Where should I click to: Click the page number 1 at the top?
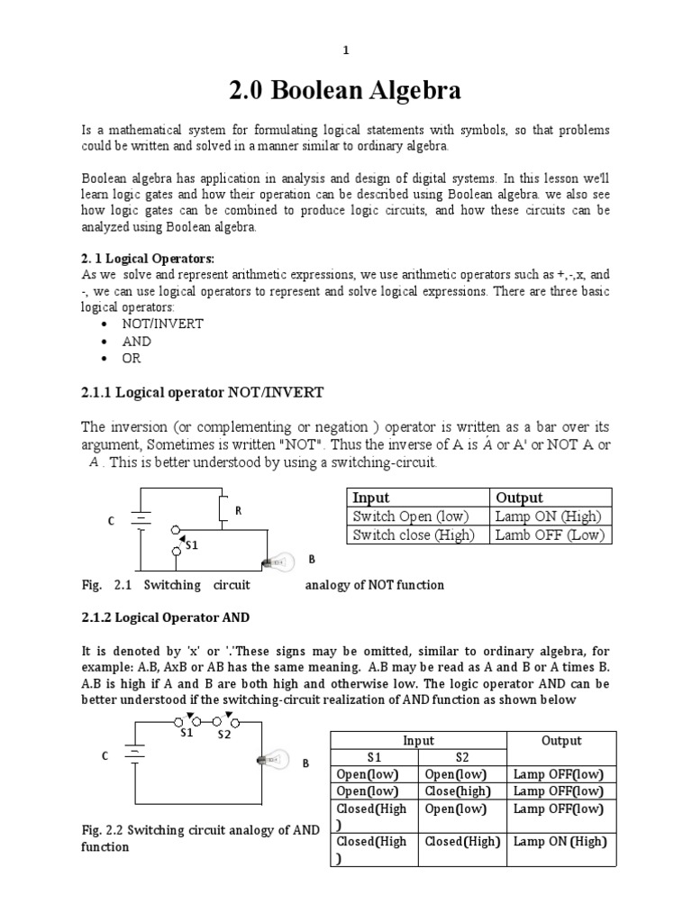pyautogui.click(x=345, y=50)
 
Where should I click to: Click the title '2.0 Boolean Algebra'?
pyautogui.click(x=345, y=91)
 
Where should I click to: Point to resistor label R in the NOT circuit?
pyautogui.click(x=239, y=510)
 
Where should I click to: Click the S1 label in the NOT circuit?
pyautogui.click(x=191, y=544)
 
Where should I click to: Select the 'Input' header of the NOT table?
pyautogui.click(x=371, y=498)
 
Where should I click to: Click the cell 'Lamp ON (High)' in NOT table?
pyautogui.click(x=548, y=516)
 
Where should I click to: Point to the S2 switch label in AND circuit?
pyautogui.click(x=224, y=734)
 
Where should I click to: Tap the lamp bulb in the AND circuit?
pyautogui.click(x=274, y=760)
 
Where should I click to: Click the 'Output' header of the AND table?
pyautogui.click(x=560, y=740)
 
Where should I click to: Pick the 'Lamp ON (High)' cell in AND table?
pyautogui.click(x=560, y=841)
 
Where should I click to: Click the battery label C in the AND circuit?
pyautogui.click(x=105, y=758)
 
